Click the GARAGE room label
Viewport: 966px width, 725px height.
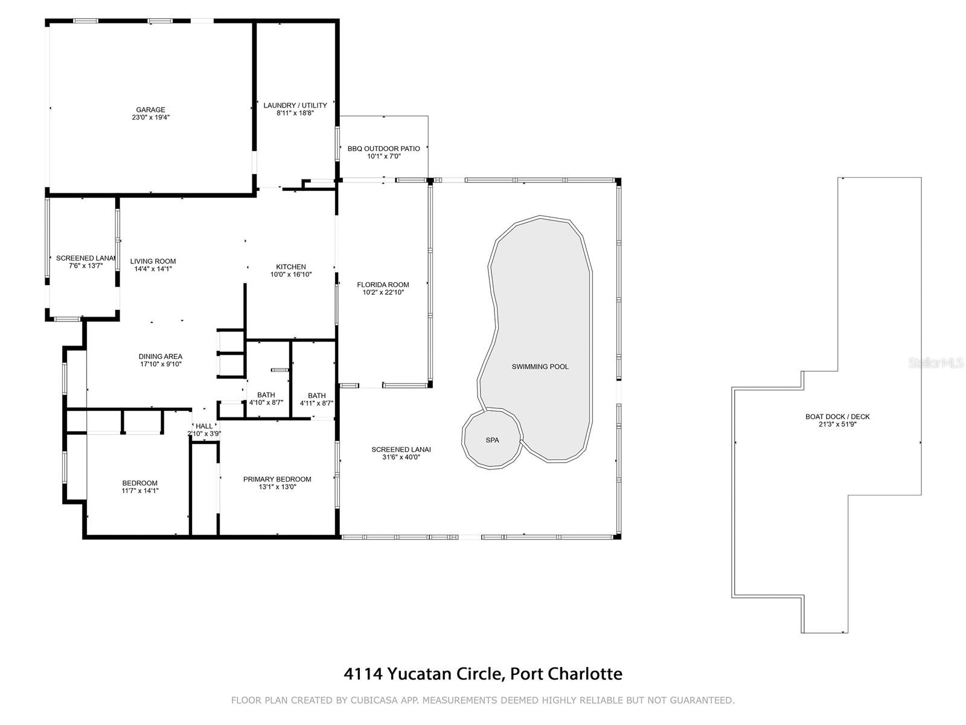pos(150,110)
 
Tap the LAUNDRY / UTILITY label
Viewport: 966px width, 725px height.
pos(295,105)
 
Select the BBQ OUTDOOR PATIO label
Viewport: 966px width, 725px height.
pos(383,149)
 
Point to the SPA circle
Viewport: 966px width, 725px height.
pos(492,440)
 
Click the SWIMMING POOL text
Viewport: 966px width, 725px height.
pos(540,367)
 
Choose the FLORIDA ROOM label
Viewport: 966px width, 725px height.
pos(383,285)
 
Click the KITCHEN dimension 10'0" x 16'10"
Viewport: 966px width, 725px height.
pos(291,274)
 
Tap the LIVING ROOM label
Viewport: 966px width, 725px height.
pos(153,262)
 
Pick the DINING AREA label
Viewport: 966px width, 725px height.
pos(160,356)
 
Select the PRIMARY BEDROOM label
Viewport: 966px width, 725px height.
pos(277,479)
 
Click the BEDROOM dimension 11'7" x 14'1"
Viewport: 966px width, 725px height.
pos(139,491)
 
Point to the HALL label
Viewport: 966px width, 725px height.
pos(204,426)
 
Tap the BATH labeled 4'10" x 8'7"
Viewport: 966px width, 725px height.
pos(266,399)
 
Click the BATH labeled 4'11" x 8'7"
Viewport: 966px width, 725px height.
pos(316,399)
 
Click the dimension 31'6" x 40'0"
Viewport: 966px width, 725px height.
pos(401,457)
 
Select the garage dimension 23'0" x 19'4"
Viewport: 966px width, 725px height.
pos(150,117)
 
